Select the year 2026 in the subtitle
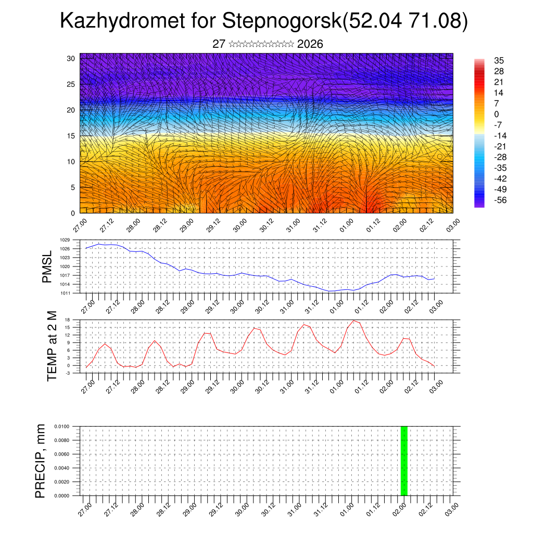pyautogui.click(x=310, y=44)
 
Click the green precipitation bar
pyautogui.click(x=404, y=461)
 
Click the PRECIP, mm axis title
pyautogui.click(x=41, y=461)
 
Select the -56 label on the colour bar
pyautogui.click(x=499, y=200)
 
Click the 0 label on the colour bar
pyautogui.click(x=497, y=114)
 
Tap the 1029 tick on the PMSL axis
pyautogui.click(x=65, y=240)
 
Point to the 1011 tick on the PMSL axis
pyautogui.click(x=65, y=293)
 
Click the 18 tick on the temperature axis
pyautogui.click(x=67, y=319)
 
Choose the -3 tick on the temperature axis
pyautogui.click(x=67, y=373)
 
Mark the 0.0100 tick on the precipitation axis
pyautogui.click(x=61, y=426)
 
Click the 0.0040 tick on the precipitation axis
pyautogui.click(x=61, y=468)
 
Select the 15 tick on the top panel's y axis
pyautogui.click(x=71, y=135)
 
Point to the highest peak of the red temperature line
pyautogui.click(x=354, y=321)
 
